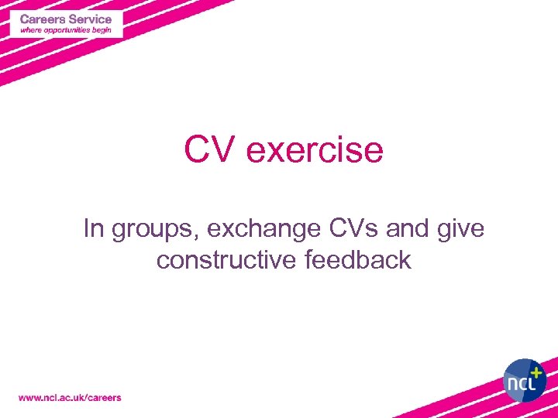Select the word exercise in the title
[x=314, y=149]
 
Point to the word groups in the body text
[x=150, y=230]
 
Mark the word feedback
[x=358, y=260]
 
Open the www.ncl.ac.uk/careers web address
[x=70, y=397]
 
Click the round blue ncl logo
[x=525, y=379]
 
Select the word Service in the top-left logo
[x=91, y=19]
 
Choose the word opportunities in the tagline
[x=68, y=30]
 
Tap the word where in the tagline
[x=31, y=30]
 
